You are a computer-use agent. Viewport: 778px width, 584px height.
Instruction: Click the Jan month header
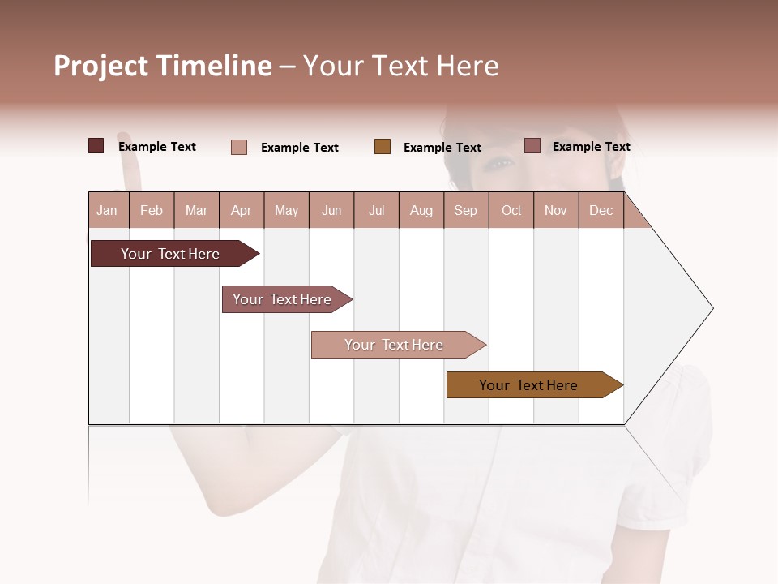pos(107,211)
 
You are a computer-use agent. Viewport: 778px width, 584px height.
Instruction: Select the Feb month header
pos(152,211)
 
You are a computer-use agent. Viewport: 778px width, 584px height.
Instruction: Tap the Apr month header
pos(242,211)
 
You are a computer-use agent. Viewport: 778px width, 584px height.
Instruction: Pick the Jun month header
pos(331,211)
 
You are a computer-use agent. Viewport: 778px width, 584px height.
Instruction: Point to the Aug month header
pos(421,211)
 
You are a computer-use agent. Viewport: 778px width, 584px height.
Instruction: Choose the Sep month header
pos(466,211)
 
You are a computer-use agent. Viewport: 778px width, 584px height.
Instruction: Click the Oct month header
pos(511,211)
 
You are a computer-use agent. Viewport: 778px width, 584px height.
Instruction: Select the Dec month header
pos(601,211)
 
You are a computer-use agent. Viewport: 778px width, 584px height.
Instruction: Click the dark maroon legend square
pos(96,146)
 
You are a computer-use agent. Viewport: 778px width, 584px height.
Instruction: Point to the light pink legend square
pos(239,147)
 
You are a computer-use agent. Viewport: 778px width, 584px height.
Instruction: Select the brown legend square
pos(383,147)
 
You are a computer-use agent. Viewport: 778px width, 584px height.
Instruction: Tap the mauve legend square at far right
pos(532,146)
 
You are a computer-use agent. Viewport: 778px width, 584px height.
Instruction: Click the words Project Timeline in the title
pos(163,66)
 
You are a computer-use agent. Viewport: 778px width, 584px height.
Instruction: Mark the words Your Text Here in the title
pos(401,66)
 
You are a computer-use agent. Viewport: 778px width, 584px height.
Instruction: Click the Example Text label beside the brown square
pos(442,148)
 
